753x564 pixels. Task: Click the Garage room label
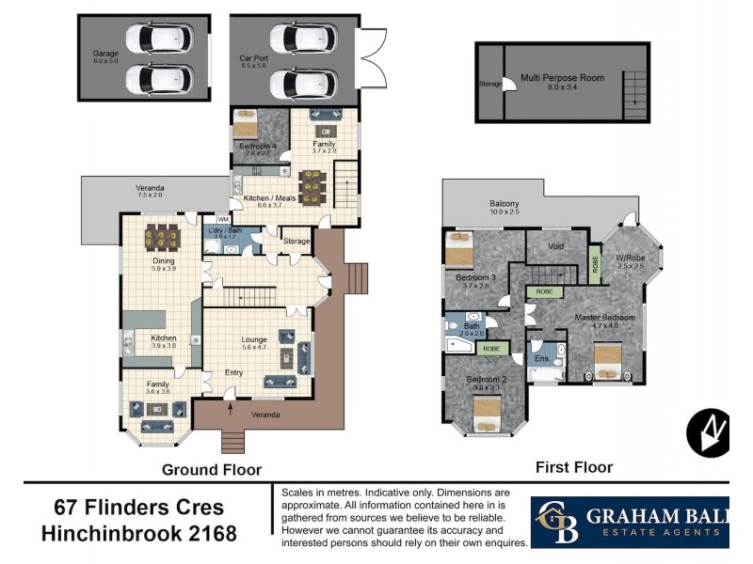click(x=105, y=54)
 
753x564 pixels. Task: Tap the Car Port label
click(x=253, y=58)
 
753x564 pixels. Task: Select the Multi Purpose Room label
click(x=562, y=78)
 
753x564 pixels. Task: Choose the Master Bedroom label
click(x=604, y=318)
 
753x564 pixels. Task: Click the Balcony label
click(x=505, y=204)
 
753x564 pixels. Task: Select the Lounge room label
click(x=253, y=339)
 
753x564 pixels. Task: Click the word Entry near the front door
click(x=233, y=372)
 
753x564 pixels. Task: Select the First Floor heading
click(x=573, y=467)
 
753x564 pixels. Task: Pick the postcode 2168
click(x=206, y=535)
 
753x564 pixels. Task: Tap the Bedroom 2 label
click(x=487, y=380)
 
